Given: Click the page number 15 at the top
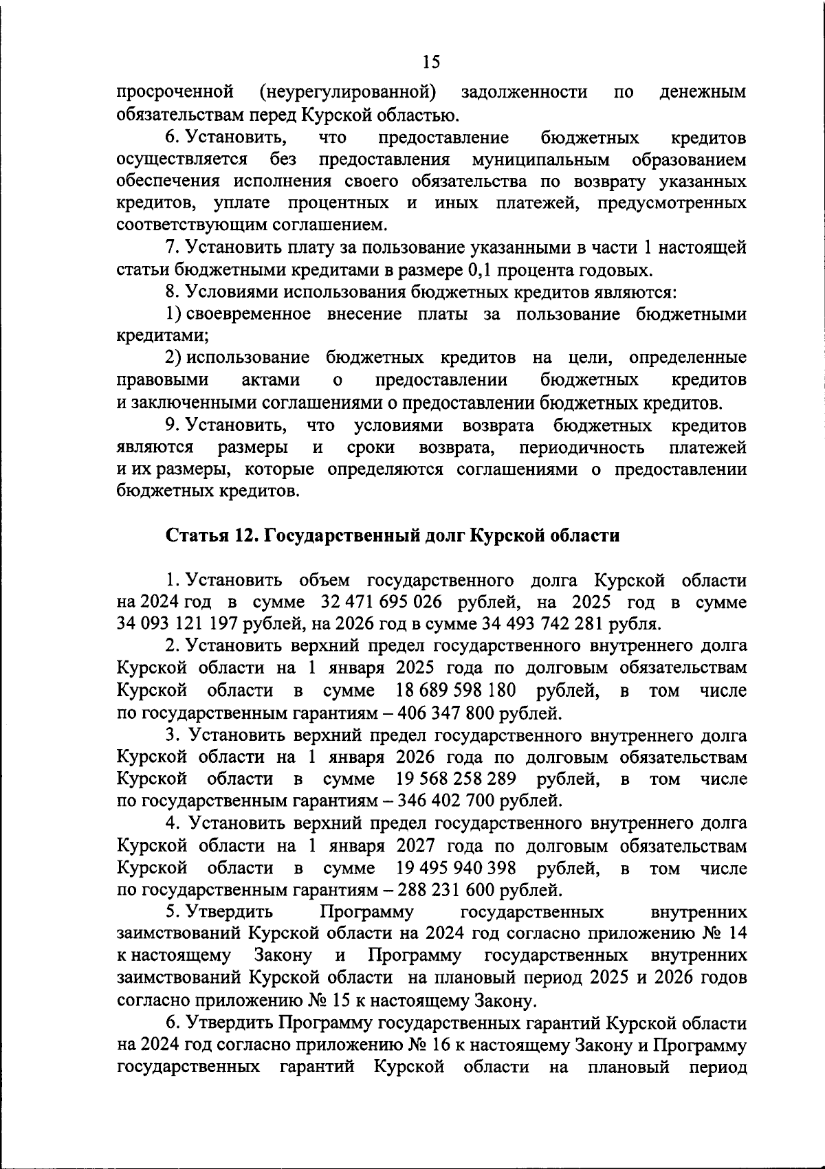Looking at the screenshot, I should [x=430, y=62].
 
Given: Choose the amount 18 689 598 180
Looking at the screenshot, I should [x=456, y=690].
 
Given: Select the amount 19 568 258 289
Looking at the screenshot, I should [x=456, y=779].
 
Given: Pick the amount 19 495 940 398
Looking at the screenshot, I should [x=456, y=868].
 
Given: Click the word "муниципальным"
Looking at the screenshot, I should [x=541, y=159].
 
